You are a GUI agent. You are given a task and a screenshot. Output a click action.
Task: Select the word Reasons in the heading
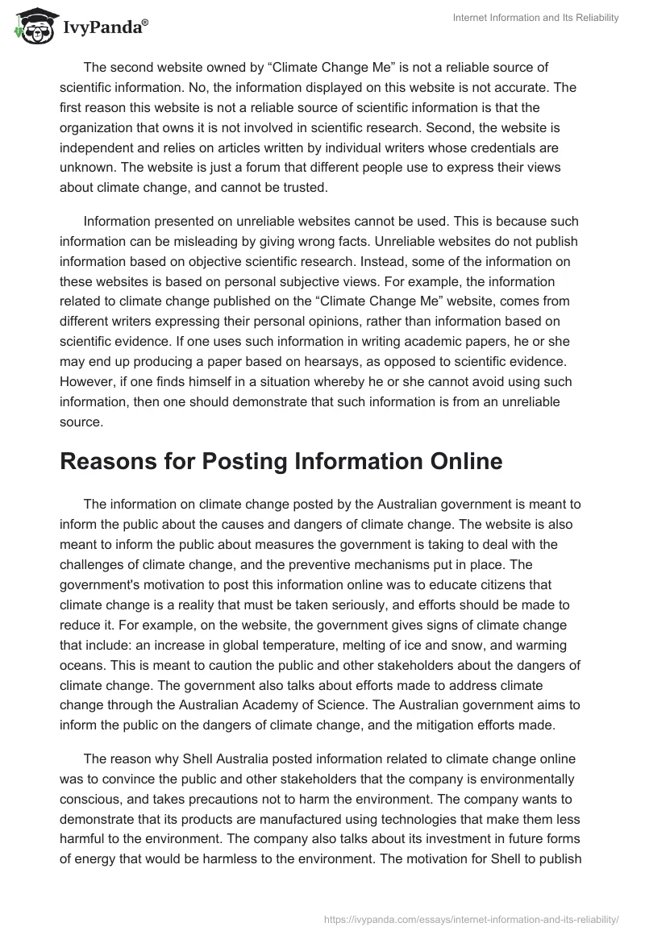pyautogui.click(x=114, y=460)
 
